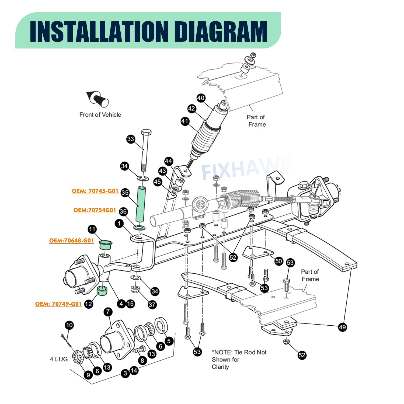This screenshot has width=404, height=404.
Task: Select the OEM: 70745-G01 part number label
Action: coord(95,191)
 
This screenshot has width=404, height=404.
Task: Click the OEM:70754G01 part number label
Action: coord(95,210)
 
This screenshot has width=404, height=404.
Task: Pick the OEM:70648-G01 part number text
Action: coord(71,241)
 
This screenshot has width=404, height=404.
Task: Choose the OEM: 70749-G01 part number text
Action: coord(58,304)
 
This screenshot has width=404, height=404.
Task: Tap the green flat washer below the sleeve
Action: coord(140,228)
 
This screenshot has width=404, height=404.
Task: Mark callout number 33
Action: coord(131,139)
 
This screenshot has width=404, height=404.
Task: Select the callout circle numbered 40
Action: coord(201,98)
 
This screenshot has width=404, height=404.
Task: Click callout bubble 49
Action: coord(342,327)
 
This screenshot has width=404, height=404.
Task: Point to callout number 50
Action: coord(278,261)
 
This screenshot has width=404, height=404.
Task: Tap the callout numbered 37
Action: coord(152,305)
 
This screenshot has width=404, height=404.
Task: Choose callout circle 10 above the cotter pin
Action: coord(69,325)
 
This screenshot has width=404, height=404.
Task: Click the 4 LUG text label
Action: coord(59,359)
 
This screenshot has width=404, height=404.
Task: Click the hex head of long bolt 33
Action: coord(146,133)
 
